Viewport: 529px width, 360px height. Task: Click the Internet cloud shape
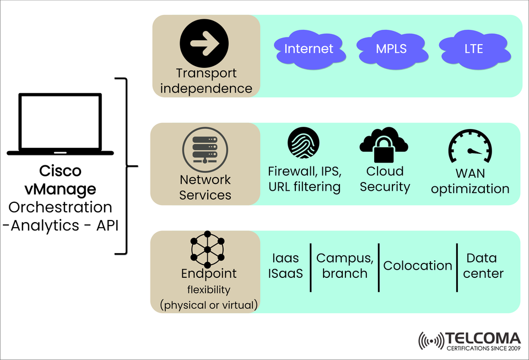[x=309, y=50]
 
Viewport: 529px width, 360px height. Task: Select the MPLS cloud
[x=391, y=50]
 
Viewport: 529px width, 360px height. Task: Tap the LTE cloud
[x=473, y=50]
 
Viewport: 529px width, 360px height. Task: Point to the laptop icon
[x=61, y=124]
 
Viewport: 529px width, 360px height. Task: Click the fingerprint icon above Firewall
[x=304, y=143]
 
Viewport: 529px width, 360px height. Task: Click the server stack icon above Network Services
[x=205, y=147]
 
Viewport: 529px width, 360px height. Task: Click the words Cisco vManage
[x=61, y=180]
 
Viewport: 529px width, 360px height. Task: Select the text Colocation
[x=417, y=266]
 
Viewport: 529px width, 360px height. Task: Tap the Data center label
[x=483, y=266]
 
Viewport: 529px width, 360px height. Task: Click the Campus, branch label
[x=345, y=266]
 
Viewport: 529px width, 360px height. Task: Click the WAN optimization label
[x=470, y=181]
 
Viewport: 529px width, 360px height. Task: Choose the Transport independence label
[x=206, y=80]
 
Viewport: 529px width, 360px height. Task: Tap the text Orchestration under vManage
[x=61, y=207]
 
